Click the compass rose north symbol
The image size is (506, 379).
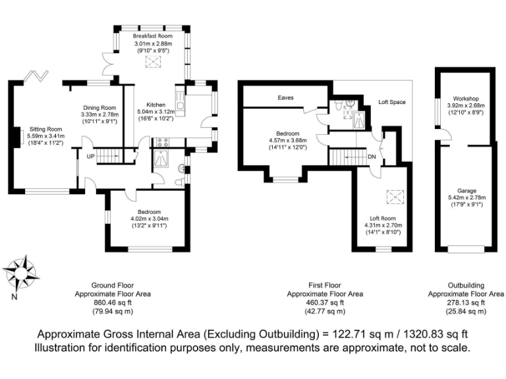(x=21, y=272)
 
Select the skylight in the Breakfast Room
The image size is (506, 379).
(x=153, y=63)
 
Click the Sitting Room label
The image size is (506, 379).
(x=45, y=130)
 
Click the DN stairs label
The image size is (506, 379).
(x=371, y=157)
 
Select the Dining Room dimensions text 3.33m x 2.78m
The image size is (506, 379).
(x=99, y=114)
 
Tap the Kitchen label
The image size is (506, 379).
(x=155, y=105)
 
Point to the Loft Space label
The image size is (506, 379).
(x=392, y=103)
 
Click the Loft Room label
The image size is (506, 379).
(x=381, y=218)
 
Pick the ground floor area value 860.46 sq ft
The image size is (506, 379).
(x=112, y=303)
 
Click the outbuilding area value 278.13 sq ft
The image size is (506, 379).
(x=466, y=303)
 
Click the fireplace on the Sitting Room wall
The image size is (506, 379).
(x=14, y=136)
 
